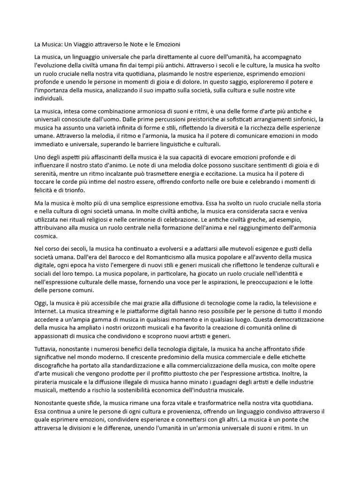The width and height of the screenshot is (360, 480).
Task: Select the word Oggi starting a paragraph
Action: (x=42, y=303)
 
